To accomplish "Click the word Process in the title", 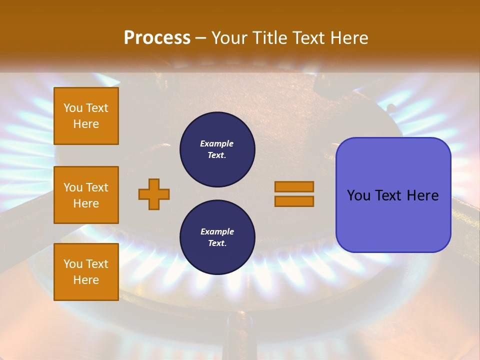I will (157, 38).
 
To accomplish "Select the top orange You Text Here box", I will (86, 116).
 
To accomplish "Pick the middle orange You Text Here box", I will (86, 195).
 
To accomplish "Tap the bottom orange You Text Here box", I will (86, 272).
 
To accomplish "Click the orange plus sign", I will (154, 194).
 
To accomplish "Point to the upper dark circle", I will (217, 149).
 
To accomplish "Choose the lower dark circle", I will (217, 237).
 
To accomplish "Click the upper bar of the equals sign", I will (294, 186).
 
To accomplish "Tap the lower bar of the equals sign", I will (294, 201).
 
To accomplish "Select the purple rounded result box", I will (393, 195).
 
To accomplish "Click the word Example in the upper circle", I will (217, 143).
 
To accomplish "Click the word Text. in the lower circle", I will (217, 243).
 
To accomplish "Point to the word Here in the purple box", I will (422, 195).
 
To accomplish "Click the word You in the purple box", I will (359, 195).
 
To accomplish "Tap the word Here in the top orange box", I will (86, 124).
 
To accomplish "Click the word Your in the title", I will (230, 38).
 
